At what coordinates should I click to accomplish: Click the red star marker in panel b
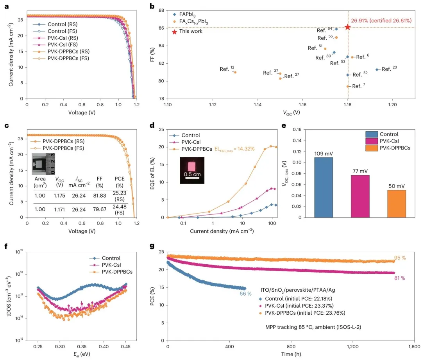(x=347, y=27)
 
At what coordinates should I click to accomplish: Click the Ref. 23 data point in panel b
(x=377, y=70)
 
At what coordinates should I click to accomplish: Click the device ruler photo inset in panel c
(x=43, y=164)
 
